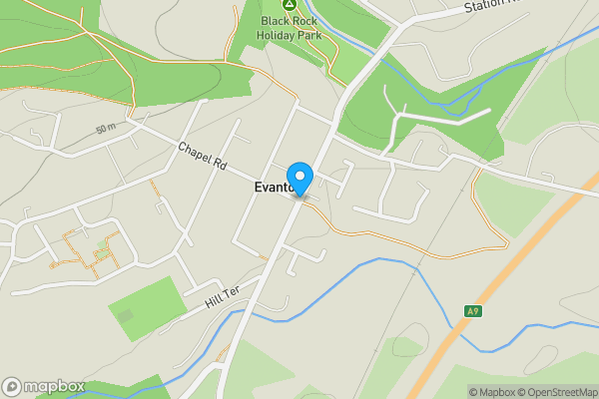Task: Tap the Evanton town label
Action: (x=272, y=188)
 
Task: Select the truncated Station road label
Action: (x=493, y=7)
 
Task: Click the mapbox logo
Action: (x=43, y=386)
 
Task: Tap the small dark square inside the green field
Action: (x=125, y=315)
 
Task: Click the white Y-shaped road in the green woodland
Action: (x=419, y=122)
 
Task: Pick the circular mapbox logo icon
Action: (x=12, y=386)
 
